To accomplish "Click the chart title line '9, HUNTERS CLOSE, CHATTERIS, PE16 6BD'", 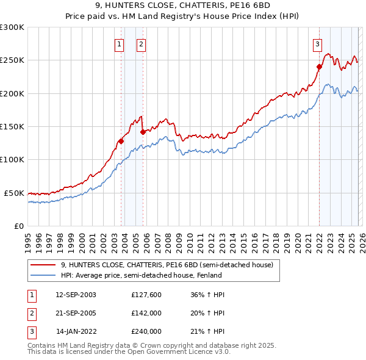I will [x=182, y=7].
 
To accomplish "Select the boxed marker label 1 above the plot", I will [x=119, y=44].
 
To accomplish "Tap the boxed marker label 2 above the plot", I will [x=141, y=44].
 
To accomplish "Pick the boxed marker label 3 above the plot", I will [x=318, y=44].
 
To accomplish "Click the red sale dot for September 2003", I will [x=121, y=141].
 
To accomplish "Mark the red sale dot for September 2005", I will [x=143, y=131].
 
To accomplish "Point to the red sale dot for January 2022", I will [x=319, y=67].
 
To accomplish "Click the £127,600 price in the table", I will [x=146, y=295].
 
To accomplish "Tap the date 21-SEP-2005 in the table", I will [x=76, y=313].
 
